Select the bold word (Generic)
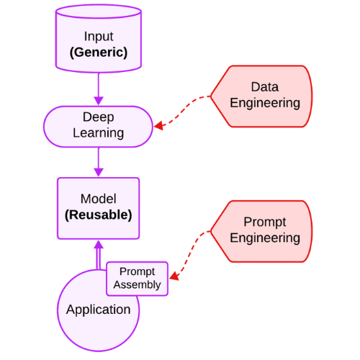point(98,53)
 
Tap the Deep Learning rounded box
point(98,125)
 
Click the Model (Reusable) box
point(98,207)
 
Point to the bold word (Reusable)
point(98,215)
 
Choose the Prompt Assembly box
point(137,278)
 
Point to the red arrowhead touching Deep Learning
point(160,125)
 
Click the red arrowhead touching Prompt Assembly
point(174,275)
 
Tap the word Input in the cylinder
point(98,36)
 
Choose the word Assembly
point(137,284)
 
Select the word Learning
point(98,132)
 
